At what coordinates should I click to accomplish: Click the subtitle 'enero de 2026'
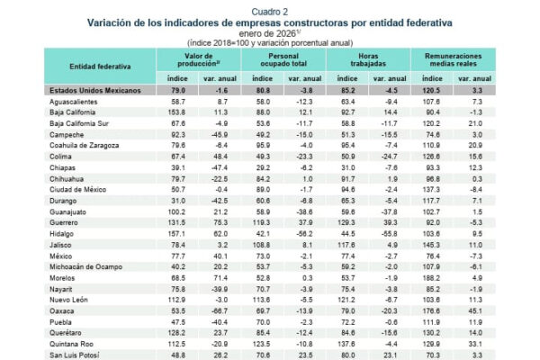(x=268, y=31)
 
